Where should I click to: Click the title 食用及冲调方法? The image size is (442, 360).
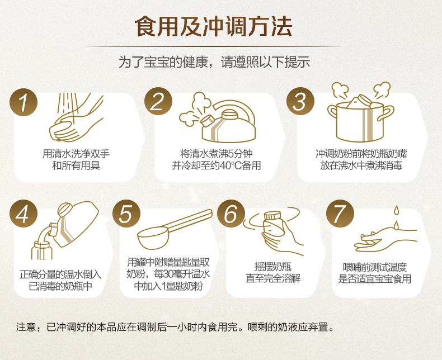click(x=213, y=26)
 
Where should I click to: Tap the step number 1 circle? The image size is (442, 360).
click(x=23, y=102)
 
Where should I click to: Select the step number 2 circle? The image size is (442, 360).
click(x=158, y=101)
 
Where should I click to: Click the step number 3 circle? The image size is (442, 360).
click(x=300, y=101)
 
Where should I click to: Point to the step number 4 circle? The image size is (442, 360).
click(x=23, y=214)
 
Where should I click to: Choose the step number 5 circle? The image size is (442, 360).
click(x=126, y=214)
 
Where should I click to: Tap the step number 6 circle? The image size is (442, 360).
click(x=231, y=214)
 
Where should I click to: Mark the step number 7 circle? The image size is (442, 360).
click(x=340, y=214)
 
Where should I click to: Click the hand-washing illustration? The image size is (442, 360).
click(x=76, y=117)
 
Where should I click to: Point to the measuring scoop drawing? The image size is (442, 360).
click(x=175, y=230)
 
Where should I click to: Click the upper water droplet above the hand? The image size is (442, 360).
click(x=396, y=210)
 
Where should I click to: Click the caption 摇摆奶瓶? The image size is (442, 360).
click(x=273, y=267)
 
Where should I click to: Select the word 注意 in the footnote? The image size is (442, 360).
click(x=26, y=327)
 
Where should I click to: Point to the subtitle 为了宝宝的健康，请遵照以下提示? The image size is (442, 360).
click(x=214, y=62)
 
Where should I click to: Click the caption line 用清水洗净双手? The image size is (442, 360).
click(x=76, y=154)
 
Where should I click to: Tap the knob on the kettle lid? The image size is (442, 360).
click(x=230, y=114)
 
